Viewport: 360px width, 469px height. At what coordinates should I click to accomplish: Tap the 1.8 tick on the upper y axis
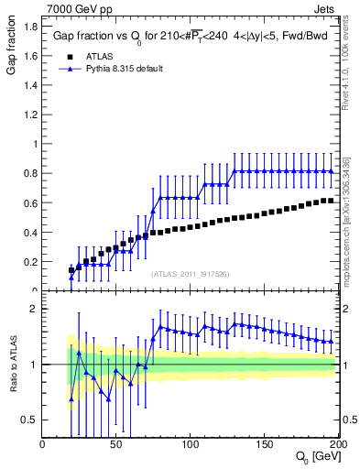tap(30, 27)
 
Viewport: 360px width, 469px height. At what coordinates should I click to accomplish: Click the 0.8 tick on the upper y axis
tap(30, 173)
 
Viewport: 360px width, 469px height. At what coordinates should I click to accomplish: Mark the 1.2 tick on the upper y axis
tap(30, 115)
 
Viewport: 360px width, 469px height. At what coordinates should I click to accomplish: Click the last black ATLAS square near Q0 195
tap(332, 201)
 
